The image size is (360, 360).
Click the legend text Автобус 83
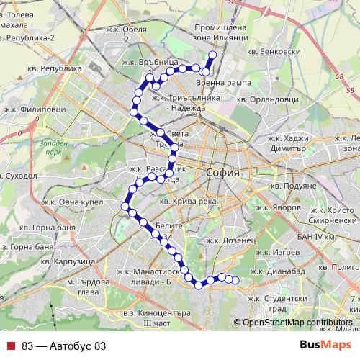point(64,346)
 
